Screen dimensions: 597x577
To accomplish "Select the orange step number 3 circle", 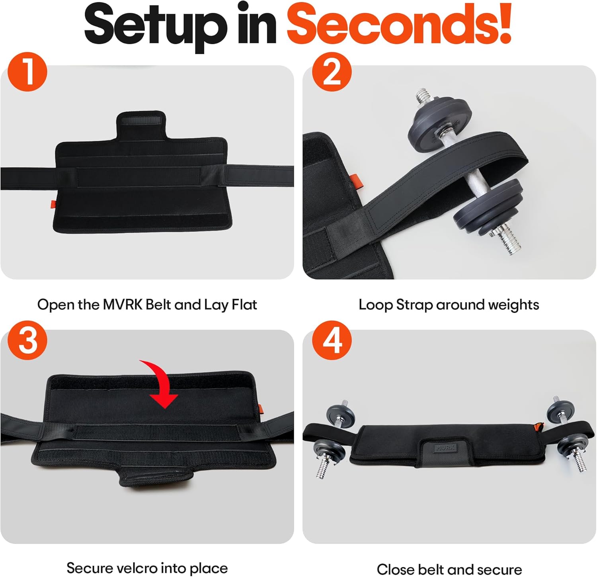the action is pos(27,340).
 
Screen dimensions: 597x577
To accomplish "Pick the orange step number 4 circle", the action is pos(332,340).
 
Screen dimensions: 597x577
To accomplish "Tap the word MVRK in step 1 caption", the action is pos(123,305).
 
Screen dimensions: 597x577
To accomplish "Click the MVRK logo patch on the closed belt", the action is pos(445,448).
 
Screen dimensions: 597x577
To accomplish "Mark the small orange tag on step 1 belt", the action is pos(52,204).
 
